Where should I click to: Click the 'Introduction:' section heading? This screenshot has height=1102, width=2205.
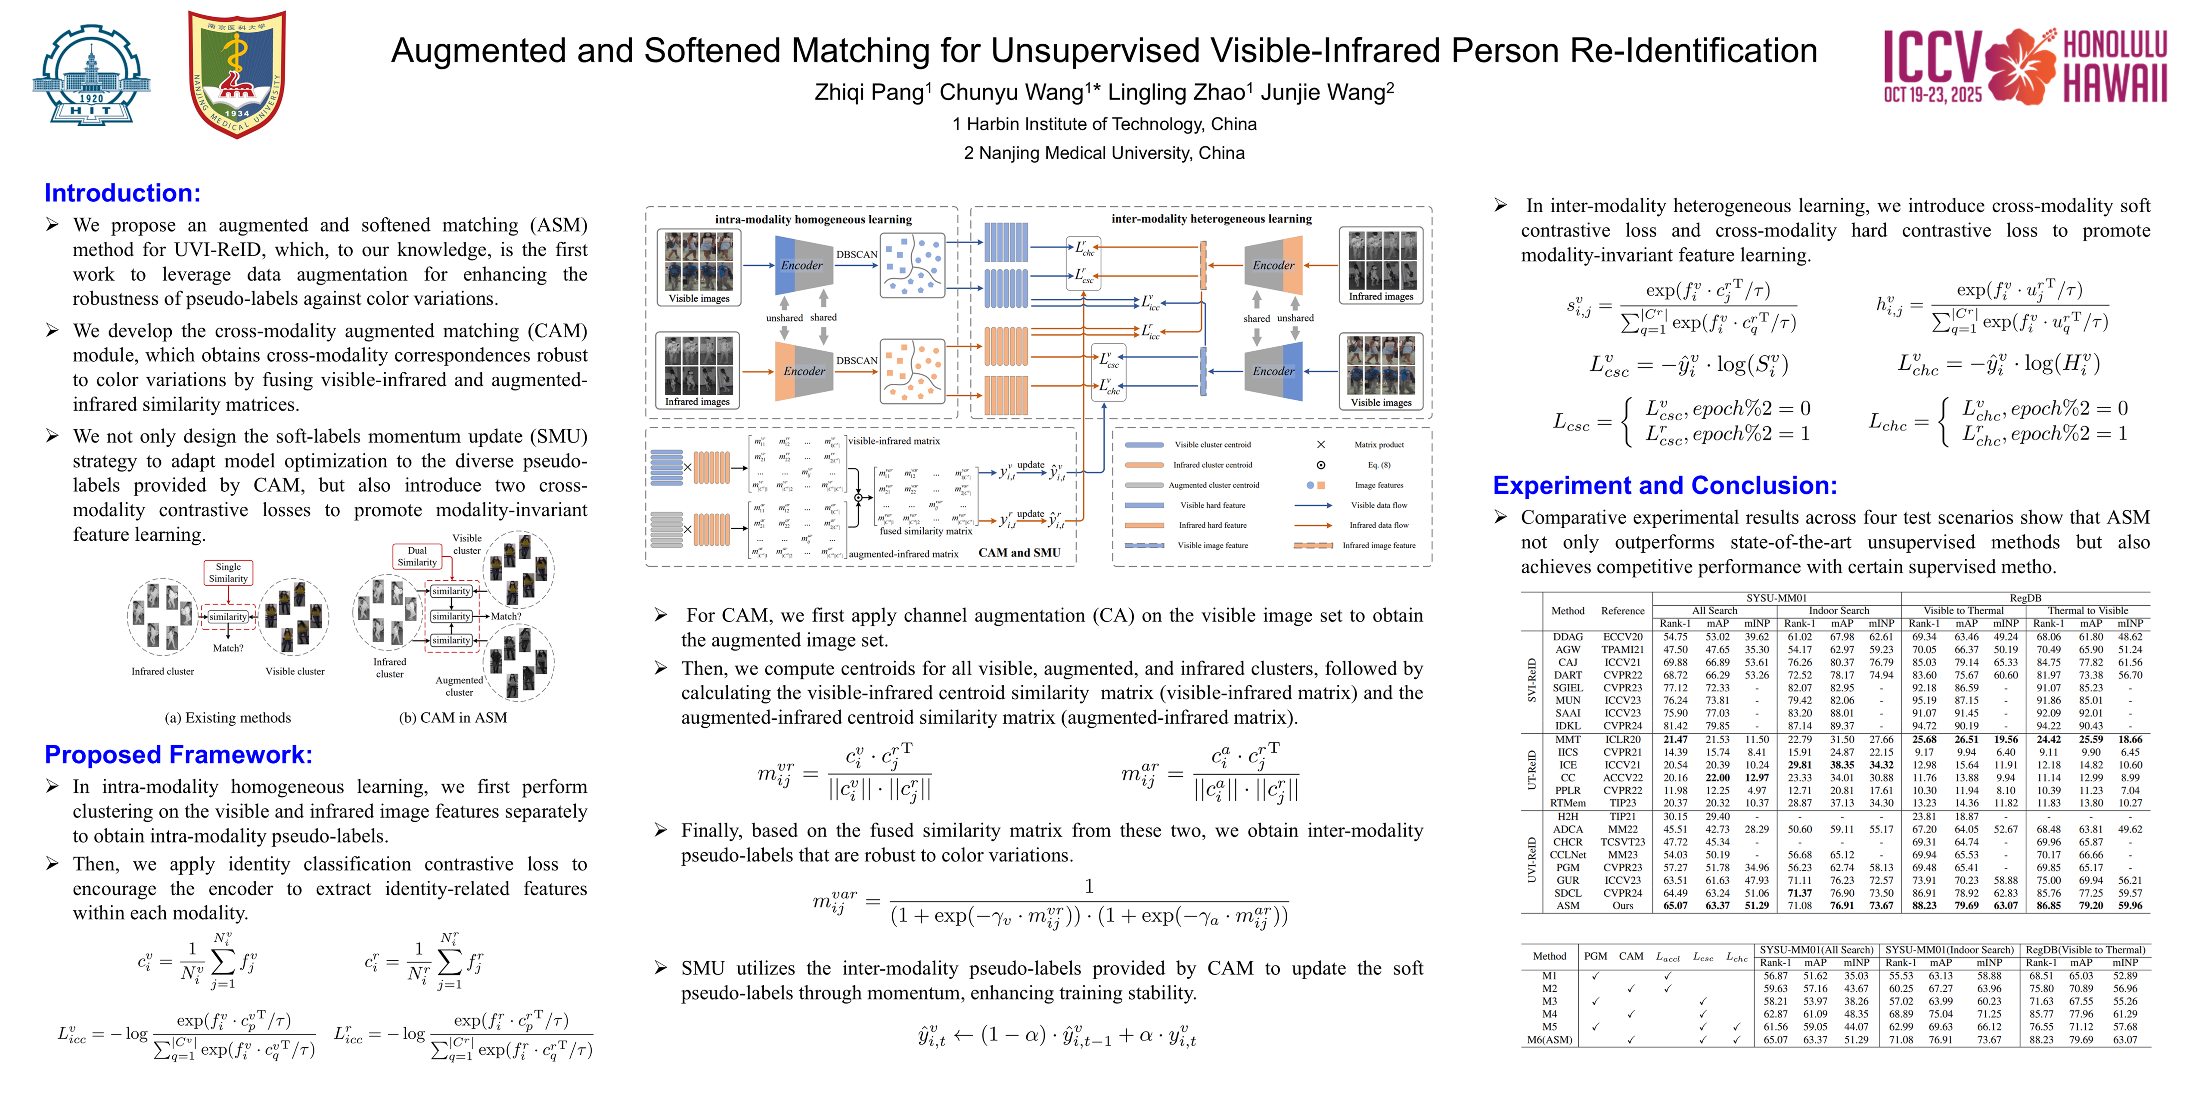click(122, 193)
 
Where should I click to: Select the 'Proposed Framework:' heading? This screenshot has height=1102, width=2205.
click(178, 755)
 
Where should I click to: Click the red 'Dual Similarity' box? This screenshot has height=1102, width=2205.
click(417, 556)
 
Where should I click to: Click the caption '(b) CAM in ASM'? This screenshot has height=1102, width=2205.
click(453, 718)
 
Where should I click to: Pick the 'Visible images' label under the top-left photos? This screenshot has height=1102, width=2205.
click(699, 299)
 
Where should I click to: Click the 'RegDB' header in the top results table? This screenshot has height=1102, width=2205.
click(2025, 598)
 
